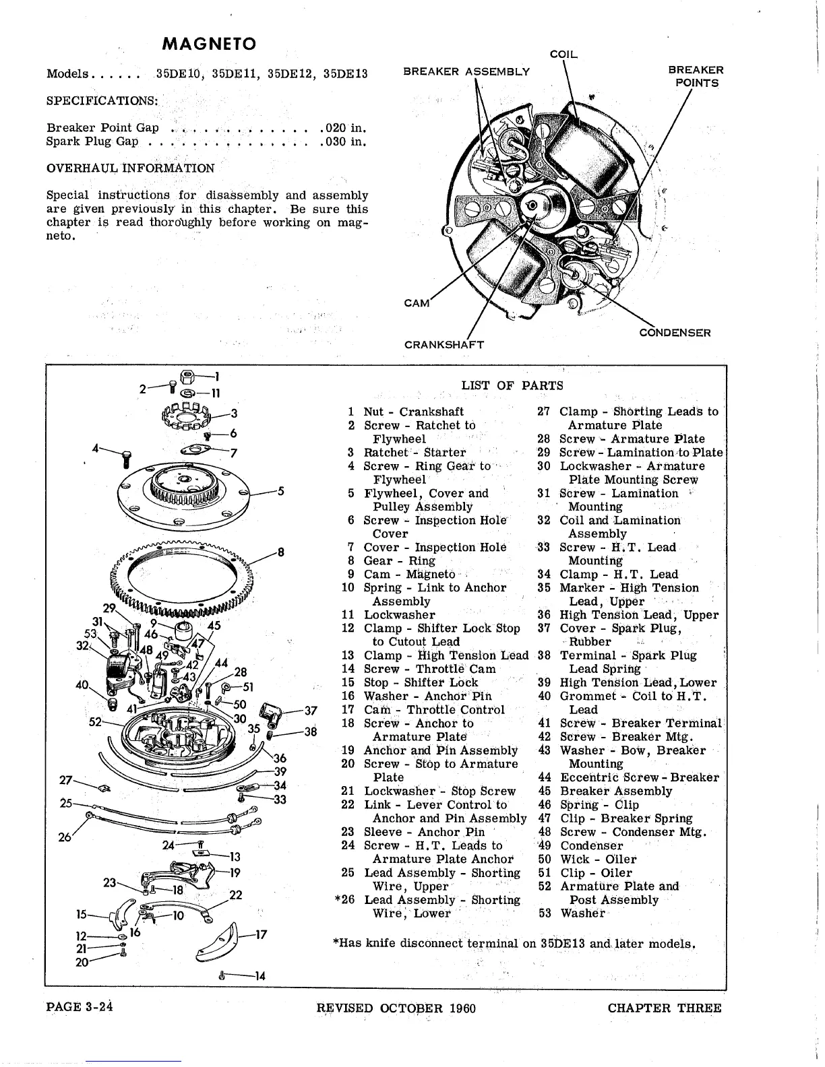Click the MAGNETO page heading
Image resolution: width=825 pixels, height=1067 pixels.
[x=210, y=44]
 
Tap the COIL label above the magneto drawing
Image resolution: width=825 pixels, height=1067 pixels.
[x=564, y=54]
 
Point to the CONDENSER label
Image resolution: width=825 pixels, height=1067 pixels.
[x=675, y=332]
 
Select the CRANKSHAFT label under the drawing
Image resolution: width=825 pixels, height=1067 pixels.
[x=444, y=345]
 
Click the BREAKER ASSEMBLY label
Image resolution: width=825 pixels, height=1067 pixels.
[x=466, y=71]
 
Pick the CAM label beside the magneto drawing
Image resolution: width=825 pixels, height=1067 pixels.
[x=417, y=303]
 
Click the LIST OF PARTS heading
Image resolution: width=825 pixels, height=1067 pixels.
[x=512, y=385]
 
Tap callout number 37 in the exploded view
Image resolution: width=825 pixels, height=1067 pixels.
[x=311, y=711]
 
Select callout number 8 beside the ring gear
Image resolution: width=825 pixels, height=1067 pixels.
[x=281, y=552]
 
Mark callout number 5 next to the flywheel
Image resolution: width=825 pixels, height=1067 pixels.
[x=280, y=492]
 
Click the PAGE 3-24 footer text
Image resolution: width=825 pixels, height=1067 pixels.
[x=78, y=1008]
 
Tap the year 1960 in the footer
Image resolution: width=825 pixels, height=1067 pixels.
[x=460, y=1008]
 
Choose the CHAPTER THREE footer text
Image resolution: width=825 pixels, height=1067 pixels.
[x=664, y=1008]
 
